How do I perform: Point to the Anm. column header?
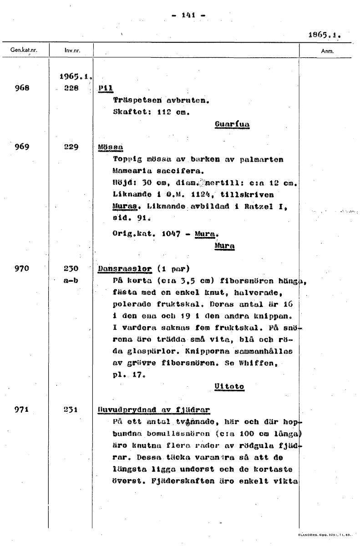coord(327,51)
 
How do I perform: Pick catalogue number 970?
coord(22,268)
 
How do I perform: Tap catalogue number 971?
coord(22,409)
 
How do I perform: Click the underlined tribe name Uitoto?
coord(229,386)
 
